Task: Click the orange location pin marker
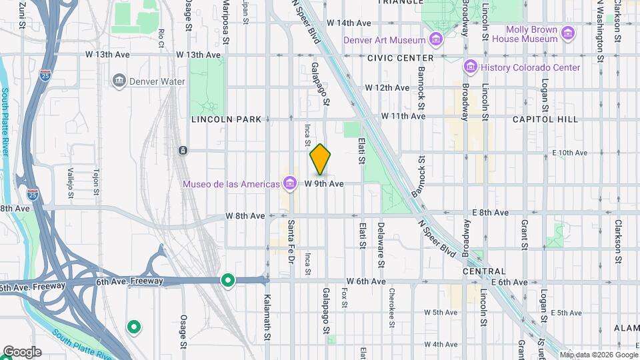(x=320, y=159)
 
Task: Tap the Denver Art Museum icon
(x=436, y=40)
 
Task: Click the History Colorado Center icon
(x=471, y=67)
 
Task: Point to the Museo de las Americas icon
(x=289, y=183)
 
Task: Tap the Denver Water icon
(x=119, y=81)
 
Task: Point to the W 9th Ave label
(x=324, y=183)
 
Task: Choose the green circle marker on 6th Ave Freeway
(x=228, y=281)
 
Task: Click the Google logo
(x=21, y=351)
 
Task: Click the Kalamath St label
(x=267, y=316)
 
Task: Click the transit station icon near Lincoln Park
(x=182, y=151)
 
